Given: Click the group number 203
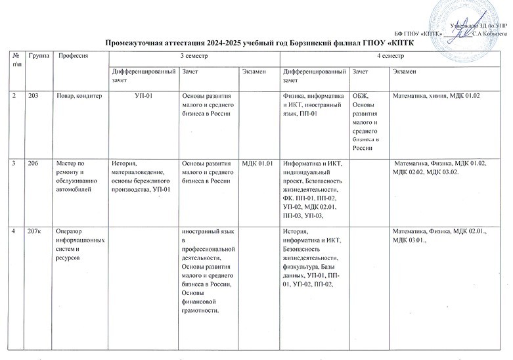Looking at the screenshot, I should (x=33, y=97).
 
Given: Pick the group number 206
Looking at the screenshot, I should (x=33, y=164).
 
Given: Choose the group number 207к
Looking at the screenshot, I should (x=34, y=231).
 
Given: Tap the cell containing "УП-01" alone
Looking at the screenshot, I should (x=143, y=97).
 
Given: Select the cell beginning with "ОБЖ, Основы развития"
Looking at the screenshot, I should (x=368, y=122).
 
